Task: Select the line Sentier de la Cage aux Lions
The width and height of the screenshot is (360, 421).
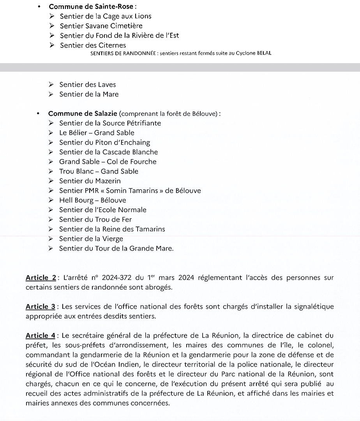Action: [106, 16]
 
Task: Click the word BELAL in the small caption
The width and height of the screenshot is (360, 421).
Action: [264, 53]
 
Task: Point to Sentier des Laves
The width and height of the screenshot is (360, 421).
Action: [87, 85]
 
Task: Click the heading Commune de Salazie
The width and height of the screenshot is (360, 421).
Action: [83, 114]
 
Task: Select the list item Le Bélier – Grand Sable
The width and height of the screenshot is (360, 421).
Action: [97, 133]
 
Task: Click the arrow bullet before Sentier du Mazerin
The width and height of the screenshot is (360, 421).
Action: [51, 181]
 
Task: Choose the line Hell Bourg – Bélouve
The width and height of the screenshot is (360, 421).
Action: [93, 200]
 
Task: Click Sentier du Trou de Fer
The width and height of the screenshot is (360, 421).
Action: [95, 219]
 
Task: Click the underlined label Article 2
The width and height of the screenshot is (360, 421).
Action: [41, 278]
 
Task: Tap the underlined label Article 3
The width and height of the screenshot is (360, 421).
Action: [41, 307]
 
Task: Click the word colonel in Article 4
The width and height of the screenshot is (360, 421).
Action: [322, 345]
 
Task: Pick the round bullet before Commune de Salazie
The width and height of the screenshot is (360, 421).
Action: [38, 114]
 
